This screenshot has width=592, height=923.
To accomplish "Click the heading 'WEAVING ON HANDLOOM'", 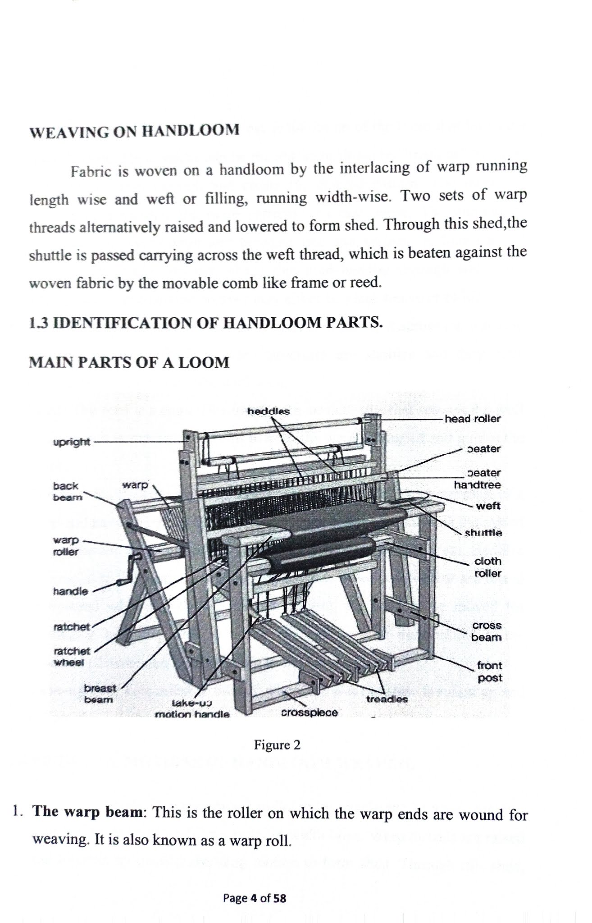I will tap(134, 131).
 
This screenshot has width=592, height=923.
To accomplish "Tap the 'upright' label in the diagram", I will tap(72, 442).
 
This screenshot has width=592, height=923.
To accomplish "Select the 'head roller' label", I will tap(472, 419).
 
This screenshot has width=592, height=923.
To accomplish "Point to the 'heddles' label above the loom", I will tap(269, 411).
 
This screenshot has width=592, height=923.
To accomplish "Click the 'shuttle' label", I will tap(483, 532).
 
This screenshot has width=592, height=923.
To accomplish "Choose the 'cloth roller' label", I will tap(487, 567).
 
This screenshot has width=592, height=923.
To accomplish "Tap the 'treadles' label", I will tap(387, 699).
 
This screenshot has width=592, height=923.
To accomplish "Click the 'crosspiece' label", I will tap(309, 713).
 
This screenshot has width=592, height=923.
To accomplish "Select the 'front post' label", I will tap(489, 672).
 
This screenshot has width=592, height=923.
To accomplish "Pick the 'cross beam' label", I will tap(486, 631).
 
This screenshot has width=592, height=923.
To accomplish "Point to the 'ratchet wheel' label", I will tap(72, 657).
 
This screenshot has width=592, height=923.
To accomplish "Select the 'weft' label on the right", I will tap(487, 506).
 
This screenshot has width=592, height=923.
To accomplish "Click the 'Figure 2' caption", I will tap(277, 745).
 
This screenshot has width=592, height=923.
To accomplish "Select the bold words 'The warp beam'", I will tap(88, 812).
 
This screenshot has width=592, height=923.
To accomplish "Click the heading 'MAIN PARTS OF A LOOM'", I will tap(129, 362).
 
